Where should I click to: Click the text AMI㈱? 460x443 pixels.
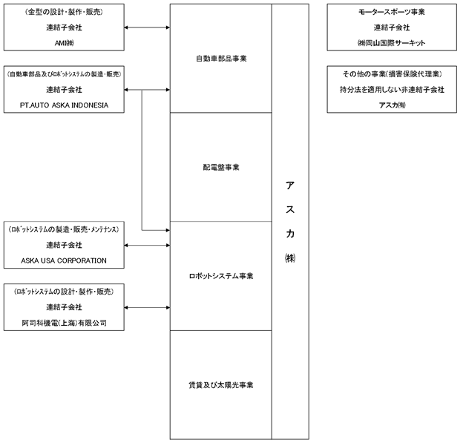pos(64,43)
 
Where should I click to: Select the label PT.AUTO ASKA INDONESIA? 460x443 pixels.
pos(64,105)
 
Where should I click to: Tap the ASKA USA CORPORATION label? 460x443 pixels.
pos(64,260)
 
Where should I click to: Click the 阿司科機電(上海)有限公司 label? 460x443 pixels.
pos(64,323)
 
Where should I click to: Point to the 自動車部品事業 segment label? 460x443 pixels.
pos(221,59)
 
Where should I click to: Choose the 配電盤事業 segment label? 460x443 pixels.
pos(221,167)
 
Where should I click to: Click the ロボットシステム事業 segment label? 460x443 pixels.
pos(221,276)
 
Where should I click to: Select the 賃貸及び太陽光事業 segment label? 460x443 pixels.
pos(221,385)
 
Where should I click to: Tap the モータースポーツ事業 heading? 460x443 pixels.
pos(392,12)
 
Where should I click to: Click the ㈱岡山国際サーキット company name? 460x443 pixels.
pos(392,43)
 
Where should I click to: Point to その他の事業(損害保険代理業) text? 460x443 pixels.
pos(392,74)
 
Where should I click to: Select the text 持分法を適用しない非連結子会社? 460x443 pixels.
pos(392,90)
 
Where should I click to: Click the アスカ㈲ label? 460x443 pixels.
pos(392,105)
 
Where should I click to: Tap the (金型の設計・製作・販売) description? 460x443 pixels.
pos(64,12)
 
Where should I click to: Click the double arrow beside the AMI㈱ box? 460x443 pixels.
pos(147,27)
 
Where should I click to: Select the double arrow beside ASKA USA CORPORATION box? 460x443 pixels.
pos(147,246)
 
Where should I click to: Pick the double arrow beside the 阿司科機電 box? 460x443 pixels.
pos(147,307)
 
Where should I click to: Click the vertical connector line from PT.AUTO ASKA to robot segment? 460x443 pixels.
pos(142,160)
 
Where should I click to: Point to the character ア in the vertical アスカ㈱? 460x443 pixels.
pos(290,186)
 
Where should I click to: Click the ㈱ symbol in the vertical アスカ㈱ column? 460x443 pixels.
pos(290,258)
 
